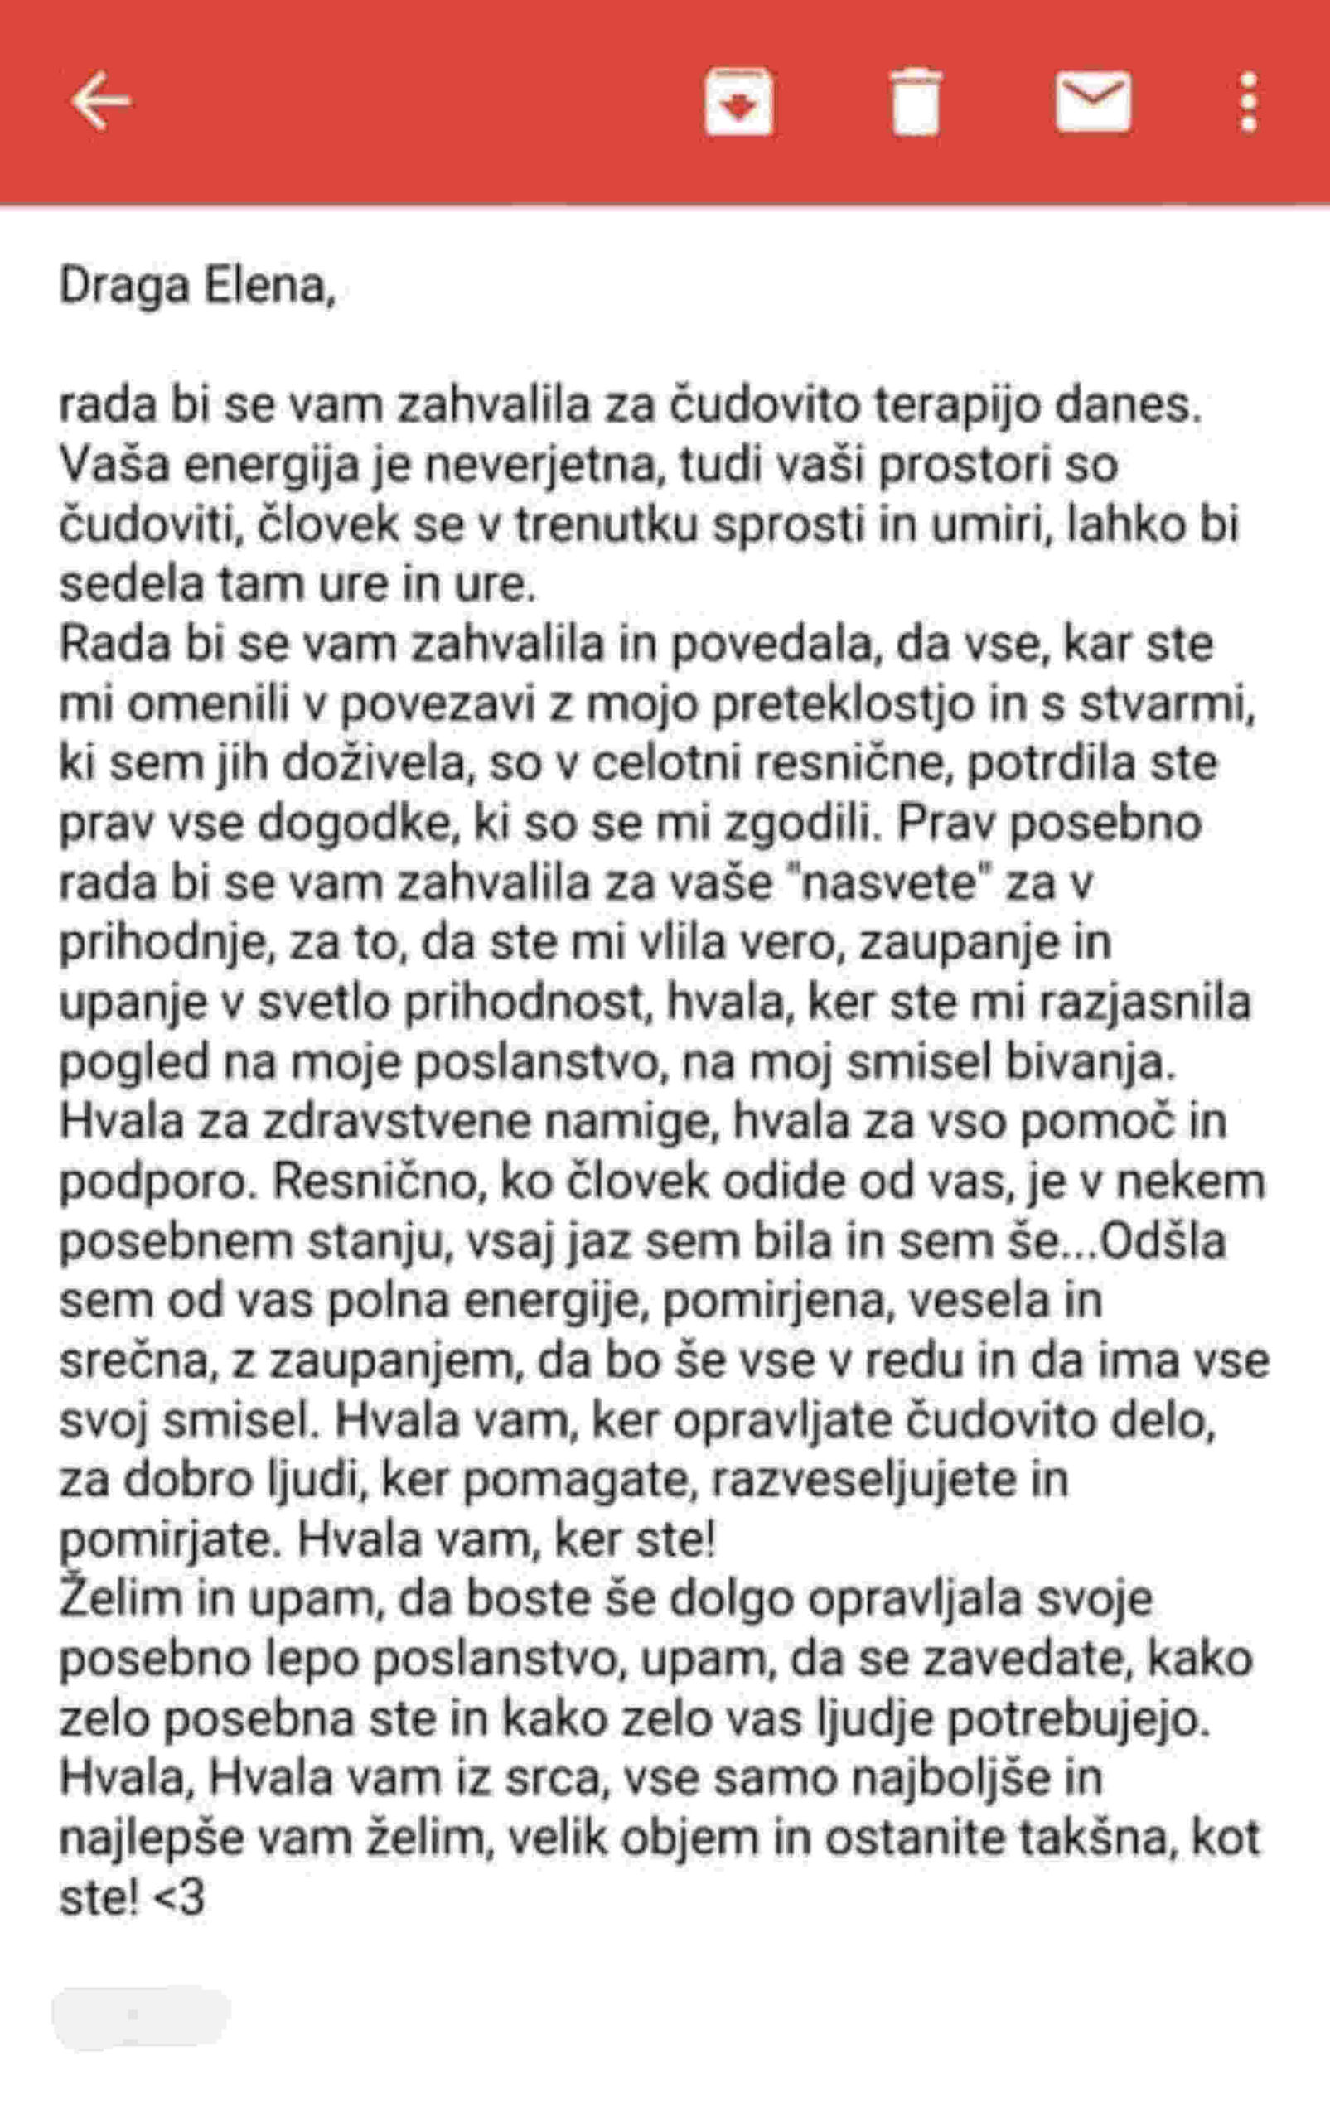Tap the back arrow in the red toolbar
100,101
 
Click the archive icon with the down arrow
739,102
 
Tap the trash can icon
916,102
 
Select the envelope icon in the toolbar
1093,101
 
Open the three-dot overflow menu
1247,102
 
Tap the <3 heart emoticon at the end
180,1897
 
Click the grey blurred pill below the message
141,2017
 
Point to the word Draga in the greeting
124,286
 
